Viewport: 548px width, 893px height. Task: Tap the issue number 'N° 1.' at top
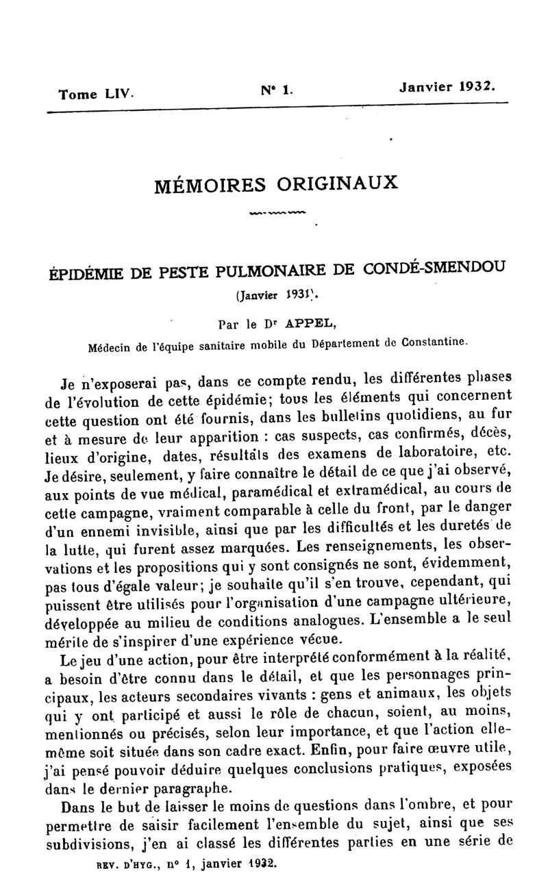click(x=276, y=88)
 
